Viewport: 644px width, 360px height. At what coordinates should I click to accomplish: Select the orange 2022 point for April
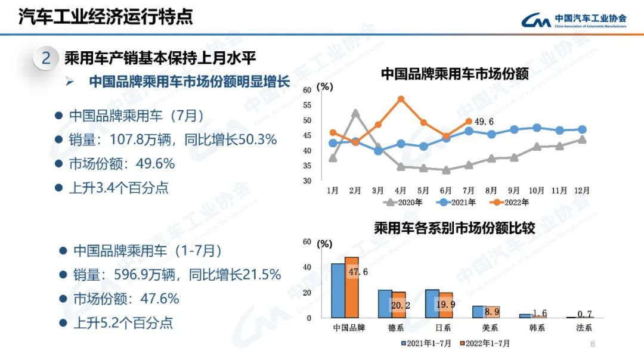click(401, 99)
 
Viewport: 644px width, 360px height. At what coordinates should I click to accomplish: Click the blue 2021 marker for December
click(582, 129)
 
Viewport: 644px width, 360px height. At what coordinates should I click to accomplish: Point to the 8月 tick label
click(491, 191)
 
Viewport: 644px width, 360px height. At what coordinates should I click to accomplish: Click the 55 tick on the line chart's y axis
click(308, 105)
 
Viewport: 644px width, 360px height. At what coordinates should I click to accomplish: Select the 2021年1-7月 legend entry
click(428, 343)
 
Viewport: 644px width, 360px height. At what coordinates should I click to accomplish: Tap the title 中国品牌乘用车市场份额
click(454, 75)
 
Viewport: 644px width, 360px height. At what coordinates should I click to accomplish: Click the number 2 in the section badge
click(46, 58)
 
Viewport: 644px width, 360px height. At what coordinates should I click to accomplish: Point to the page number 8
click(592, 344)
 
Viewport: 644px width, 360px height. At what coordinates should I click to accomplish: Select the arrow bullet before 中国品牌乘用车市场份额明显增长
click(69, 81)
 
